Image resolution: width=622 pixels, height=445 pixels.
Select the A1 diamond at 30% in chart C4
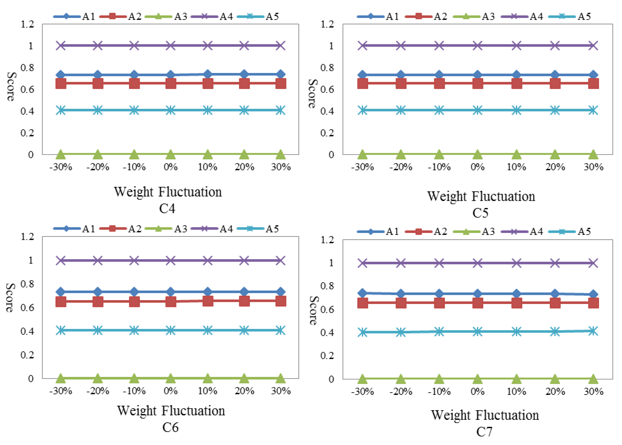[x=281, y=74]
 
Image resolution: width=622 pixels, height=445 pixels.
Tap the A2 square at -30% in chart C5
[x=363, y=84]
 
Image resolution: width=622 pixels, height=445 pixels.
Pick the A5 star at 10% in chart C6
[x=207, y=330]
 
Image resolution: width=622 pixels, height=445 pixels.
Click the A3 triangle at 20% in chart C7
[x=555, y=379]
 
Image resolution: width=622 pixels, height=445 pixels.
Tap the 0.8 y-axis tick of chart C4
[x=27, y=67]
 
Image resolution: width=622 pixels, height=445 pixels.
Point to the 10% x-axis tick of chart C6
[x=207, y=391]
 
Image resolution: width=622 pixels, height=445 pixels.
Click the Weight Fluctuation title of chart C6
[x=171, y=410]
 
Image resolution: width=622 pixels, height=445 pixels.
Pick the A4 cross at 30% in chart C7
[x=593, y=263]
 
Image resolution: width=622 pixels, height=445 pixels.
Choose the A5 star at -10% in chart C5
[x=439, y=111]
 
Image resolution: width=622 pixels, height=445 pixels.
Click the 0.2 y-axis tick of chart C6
[x=27, y=355]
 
